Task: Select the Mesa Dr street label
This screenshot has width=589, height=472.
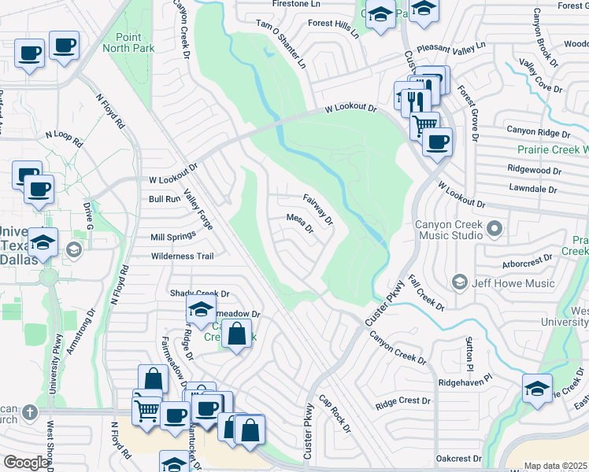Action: point(300,223)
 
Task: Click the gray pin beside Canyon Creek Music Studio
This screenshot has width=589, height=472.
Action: point(494,229)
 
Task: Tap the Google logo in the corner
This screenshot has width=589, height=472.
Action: point(26,463)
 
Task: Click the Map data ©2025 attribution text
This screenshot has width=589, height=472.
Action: point(555,466)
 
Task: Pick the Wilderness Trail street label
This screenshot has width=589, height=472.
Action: point(183,256)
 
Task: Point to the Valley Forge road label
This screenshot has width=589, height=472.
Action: point(198,209)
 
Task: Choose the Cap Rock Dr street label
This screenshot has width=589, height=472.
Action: point(335,413)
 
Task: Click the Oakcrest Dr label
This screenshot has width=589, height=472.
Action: point(458,458)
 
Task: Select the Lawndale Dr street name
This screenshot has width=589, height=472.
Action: point(532,190)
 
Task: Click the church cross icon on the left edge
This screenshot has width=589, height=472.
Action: point(29,411)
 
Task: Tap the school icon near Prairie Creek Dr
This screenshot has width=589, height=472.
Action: point(537,389)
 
